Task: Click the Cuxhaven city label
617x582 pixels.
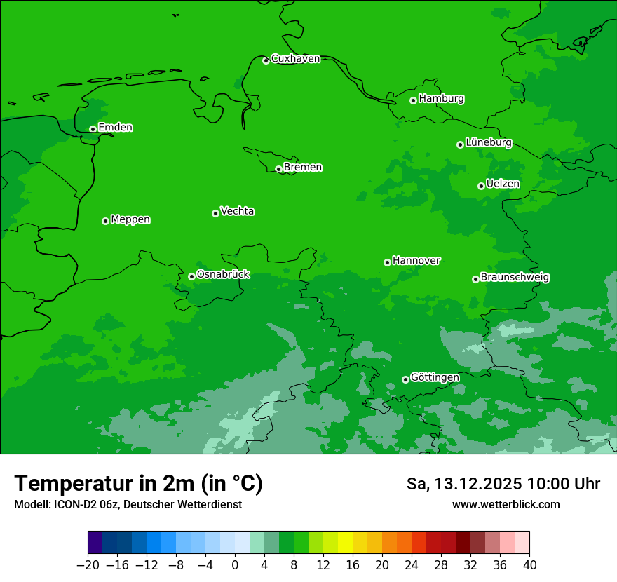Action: click(x=295, y=59)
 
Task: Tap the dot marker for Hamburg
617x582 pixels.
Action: click(x=414, y=100)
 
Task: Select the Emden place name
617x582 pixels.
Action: click(x=115, y=128)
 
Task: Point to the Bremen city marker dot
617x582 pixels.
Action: click(x=278, y=169)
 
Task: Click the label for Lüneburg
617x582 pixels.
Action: click(x=488, y=142)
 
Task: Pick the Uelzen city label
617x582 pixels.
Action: click(x=503, y=184)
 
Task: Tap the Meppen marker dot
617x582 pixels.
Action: click(x=105, y=221)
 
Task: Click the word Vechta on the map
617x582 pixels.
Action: click(x=237, y=211)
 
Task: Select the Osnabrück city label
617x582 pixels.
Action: click(x=223, y=274)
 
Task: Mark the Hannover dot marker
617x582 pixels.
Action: click(x=387, y=262)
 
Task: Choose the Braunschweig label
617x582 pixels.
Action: click(x=515, y=277)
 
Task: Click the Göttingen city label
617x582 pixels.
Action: click(x=435, y=377)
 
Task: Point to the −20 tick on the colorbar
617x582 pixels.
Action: click(x=88, y=565)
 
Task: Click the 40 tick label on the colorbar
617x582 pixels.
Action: click(x=529, y=565)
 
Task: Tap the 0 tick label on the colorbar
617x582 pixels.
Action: click(x=235, y=565)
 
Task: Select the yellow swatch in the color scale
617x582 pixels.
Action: click(x=345, y=543)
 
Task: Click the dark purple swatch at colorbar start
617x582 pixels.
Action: click(x=95, y=543)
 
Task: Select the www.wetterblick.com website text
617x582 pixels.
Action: click(x=506, y=504)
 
